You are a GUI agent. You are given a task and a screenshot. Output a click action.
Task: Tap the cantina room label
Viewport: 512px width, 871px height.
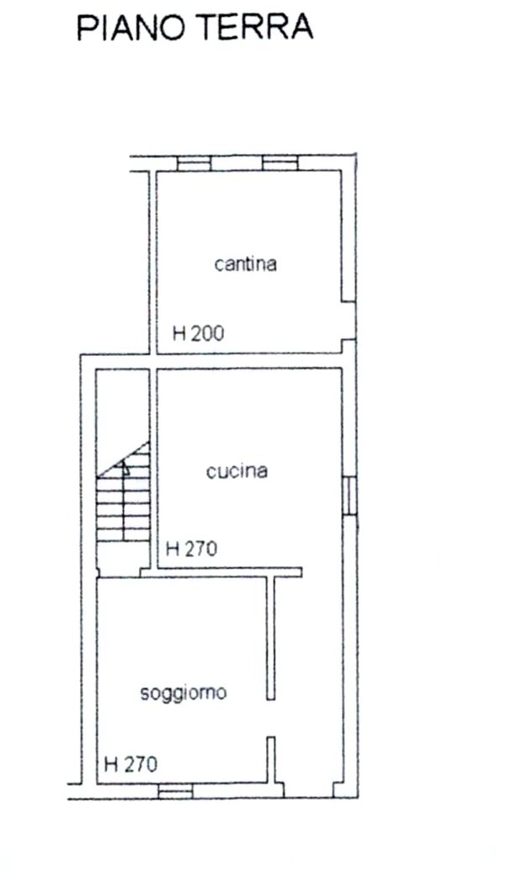[x=246, y=263]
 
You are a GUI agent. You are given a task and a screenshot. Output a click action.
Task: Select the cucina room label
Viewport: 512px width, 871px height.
[x=237, y=471]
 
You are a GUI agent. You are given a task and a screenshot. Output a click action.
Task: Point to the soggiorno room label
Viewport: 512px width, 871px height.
[x=183, y=693]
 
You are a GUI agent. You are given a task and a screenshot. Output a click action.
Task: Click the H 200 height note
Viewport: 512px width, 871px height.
[x=199, y=333]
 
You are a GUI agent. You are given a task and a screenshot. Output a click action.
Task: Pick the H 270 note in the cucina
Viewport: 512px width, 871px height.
[x=192, y=549]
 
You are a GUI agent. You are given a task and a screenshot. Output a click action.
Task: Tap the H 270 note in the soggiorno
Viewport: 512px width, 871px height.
[x=131, y=764]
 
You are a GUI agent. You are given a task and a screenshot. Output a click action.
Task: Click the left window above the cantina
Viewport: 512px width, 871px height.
[x=194, y=163]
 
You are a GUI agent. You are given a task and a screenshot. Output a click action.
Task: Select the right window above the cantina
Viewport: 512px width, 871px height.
[x=280, y=163]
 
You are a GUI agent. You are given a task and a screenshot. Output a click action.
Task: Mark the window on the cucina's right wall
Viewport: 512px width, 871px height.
[x=349, y=496]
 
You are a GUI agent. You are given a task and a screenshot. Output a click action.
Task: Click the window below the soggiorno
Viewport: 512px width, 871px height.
[x=175, y=791]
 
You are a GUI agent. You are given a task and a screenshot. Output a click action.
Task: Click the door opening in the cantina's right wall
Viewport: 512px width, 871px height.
[x=349, y=321]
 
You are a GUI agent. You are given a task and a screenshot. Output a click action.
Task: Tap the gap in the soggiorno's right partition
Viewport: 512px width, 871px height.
[x=270, y=718]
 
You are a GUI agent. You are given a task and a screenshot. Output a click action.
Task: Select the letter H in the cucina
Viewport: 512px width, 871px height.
[x=173, y=549]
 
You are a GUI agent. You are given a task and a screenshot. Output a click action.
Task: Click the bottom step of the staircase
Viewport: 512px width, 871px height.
[x=124, y=535]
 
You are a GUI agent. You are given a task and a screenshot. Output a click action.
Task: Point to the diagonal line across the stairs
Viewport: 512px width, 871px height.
[x=124, y=459]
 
